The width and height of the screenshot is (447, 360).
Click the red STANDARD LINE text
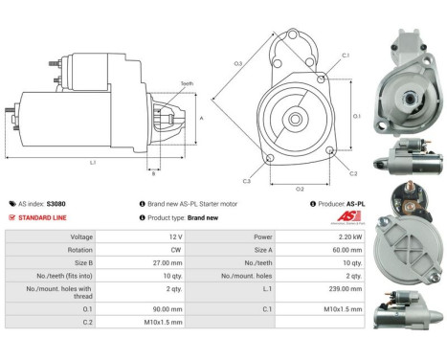point(46,217)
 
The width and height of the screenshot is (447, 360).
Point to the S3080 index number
point(56,204)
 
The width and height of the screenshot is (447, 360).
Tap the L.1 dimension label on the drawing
point(93,163)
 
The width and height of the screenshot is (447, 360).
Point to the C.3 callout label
point(246,180)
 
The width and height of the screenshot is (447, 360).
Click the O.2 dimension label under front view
point(300,189)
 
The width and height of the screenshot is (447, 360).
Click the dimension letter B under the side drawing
point(152,173)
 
